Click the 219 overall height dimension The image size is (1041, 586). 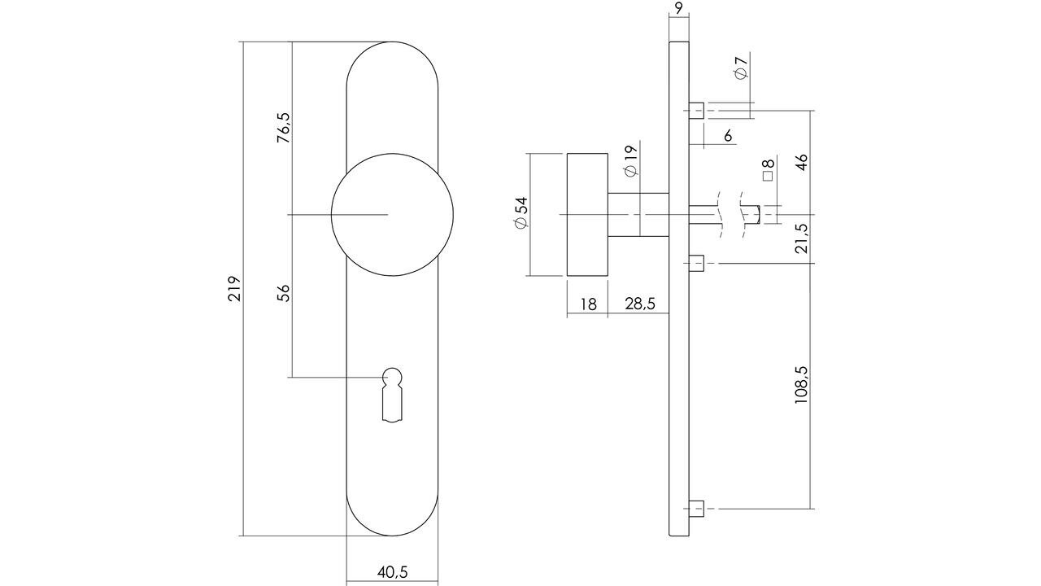[x=234, y=289]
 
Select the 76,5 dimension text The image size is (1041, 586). [x=283, y=129]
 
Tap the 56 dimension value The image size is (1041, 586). [x=283, y=294]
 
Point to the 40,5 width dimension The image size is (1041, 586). [x=392, y=572]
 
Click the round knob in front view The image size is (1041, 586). [x=392, y=214]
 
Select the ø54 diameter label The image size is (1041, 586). [x=520, y=212]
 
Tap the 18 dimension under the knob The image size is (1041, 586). [x=587, y=304]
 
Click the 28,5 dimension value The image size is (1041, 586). [x=640, y=304]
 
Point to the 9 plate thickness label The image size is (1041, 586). [x=678, y=10]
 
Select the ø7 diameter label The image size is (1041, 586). [x=741, y=68]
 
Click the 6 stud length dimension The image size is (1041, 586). [x=728, y=136]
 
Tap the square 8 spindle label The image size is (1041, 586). [x=768, y=169]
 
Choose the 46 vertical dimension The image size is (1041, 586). [x=802, y=161]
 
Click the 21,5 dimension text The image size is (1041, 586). [x=802, y=238]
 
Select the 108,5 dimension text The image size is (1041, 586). [x=802, y=385]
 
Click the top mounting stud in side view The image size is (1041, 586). [x=696, y=110]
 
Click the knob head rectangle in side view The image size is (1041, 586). [x=587, y=214]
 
